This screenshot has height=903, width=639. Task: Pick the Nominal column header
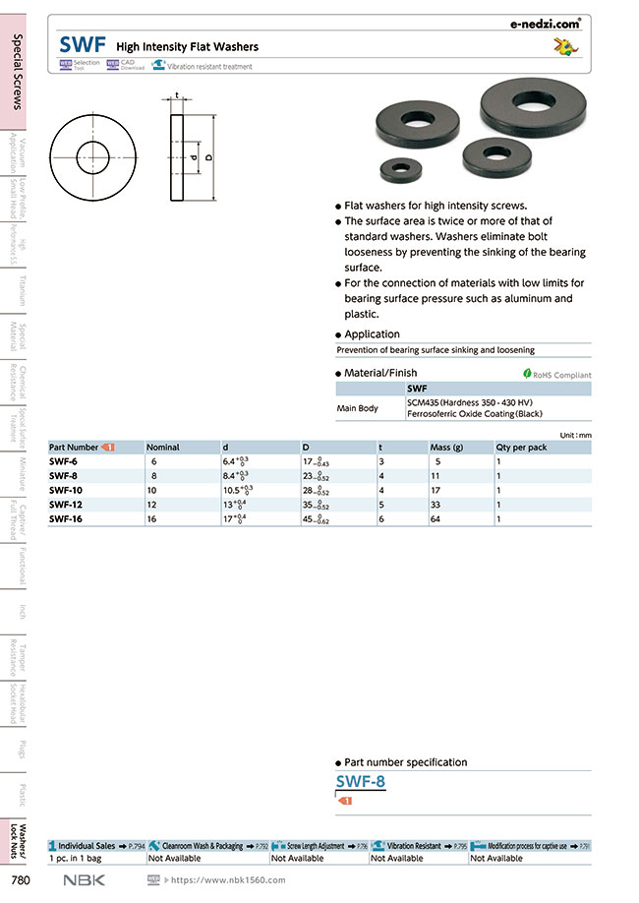tap(163, 447)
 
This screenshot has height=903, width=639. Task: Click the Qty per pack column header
tap(521, 447)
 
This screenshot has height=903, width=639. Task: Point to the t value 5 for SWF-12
tap(381, 504)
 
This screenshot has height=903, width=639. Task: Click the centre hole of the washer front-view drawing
tap(94, 156)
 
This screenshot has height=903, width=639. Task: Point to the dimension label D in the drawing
tap(208, 156)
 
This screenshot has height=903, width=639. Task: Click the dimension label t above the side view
tap(177, 96)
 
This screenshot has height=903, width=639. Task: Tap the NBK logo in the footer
tap(85, 880)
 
